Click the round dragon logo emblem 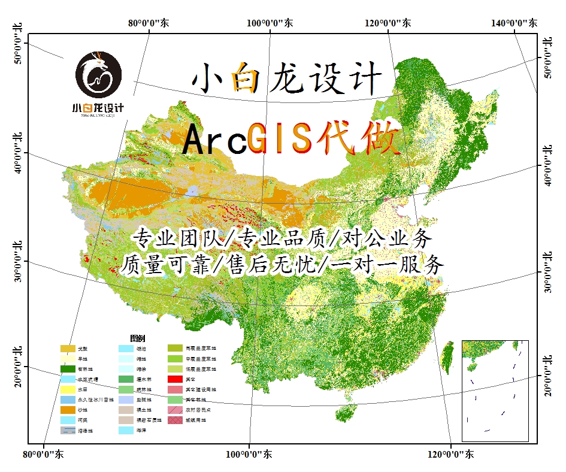coord(99,76)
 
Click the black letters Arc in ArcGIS coord(214,140)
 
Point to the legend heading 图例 coord(137,338)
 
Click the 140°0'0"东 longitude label coord(513,23)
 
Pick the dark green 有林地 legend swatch coord(68,369)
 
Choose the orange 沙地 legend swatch coord(68,410)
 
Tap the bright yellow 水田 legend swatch coord(68,389)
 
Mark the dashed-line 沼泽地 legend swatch coord(68,430)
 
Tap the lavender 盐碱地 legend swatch coord(126,400)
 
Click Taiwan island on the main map coord(447,354)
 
